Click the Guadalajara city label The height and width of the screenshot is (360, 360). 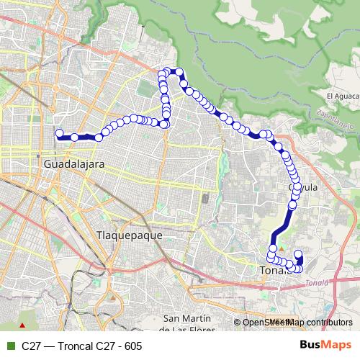pyautogui.click(x=74, y=164)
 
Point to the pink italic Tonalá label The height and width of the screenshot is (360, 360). pyautogui.click(x=316, y=283)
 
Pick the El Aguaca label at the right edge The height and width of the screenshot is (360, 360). pyautogui.click(x=341, y=96)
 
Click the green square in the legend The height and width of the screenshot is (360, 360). pyautogui.click(x=9, y=346)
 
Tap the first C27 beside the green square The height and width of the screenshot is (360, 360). pyautogui.click(x=31, y=346)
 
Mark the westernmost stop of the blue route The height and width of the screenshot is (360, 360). pyautogui.click(x=60, y=133)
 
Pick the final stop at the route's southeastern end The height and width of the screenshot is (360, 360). pyautogui.click(x=299, y=254)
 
